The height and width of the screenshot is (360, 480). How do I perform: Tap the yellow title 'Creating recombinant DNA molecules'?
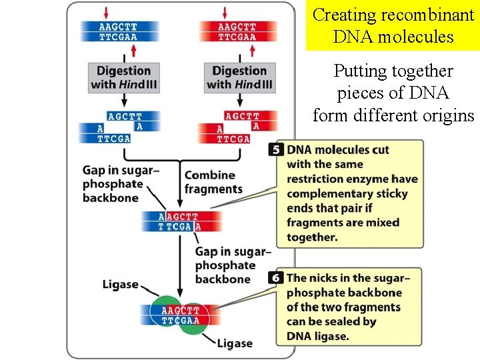coord(393,25)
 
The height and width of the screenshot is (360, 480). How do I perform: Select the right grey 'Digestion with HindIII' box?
coord(239,77)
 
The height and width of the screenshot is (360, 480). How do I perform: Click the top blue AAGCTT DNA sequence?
coord(119,32)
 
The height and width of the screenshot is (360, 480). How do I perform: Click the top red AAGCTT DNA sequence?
coord(237,32)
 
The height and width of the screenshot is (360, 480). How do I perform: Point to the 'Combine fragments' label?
coord(213,182)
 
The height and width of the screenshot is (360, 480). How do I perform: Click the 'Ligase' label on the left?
coord(120,285)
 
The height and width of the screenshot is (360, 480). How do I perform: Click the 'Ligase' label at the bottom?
coord(235,343)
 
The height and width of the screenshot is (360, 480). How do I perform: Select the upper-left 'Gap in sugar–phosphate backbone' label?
coord(120,183)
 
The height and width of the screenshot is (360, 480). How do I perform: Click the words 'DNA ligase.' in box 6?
coord(318,336)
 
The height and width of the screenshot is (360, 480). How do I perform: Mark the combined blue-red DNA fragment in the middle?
coord(179,221)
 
